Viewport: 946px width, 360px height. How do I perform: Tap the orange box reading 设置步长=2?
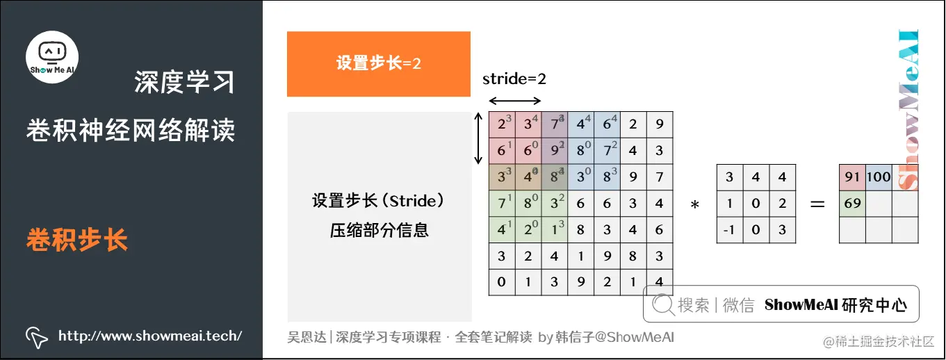tap(379, 63)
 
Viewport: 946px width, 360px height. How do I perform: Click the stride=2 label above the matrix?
tap(514, 79)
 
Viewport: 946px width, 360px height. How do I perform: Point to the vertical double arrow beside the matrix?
tap(478, 139)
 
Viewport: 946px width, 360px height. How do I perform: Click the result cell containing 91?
tap(852, 177)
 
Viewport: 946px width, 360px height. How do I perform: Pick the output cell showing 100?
tap(879, 177)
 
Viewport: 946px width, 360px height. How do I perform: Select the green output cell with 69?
tap(852, 204)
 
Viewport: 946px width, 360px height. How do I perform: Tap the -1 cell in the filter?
tap(729, 230)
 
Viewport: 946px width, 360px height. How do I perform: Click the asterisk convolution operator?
tap(694, 205)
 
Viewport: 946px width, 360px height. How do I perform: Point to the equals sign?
tap(817, 204)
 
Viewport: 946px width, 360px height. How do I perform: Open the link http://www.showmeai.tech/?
tap(150, 336)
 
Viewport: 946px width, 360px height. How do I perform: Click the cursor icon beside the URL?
tap(36, 337)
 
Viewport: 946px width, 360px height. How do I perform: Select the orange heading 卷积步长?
tap(77, 240)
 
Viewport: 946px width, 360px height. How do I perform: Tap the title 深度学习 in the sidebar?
tap(184, 83)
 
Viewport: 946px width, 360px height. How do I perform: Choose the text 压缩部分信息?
tap(379, 230)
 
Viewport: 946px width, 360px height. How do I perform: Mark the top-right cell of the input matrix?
tap(659, 125)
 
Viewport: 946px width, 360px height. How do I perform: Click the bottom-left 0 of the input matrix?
tap(502, 283)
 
